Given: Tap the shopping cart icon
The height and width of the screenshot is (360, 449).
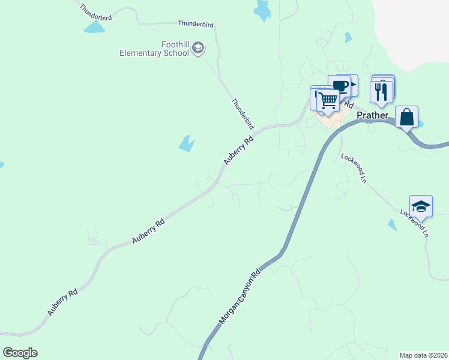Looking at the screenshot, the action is coord(328,101).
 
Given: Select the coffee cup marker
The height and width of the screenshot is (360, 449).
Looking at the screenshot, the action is coord(339,85).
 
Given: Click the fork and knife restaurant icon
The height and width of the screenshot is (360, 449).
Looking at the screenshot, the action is coord(381,91).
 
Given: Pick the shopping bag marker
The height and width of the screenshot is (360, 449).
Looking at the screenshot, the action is coord(406,117).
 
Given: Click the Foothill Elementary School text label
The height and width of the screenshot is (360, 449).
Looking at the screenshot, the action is coord(154,49).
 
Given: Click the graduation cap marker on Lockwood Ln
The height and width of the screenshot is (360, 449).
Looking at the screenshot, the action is coord(421,206).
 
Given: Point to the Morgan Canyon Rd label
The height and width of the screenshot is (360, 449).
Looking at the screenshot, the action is coord(240,298).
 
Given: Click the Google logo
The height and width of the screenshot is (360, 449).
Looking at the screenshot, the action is coord(20,353).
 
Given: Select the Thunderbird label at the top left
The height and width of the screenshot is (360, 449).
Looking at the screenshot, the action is coord(95,13).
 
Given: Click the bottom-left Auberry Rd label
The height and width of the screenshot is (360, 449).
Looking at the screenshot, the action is coord(63,303).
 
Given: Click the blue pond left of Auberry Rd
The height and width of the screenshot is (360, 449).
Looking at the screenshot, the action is coord(187,143).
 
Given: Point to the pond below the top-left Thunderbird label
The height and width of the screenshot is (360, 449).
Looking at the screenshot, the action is coord(94,28).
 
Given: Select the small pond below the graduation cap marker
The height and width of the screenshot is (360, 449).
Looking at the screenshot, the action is coord(392,225).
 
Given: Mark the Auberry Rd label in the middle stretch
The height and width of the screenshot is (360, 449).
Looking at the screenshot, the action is coord(148,231).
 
